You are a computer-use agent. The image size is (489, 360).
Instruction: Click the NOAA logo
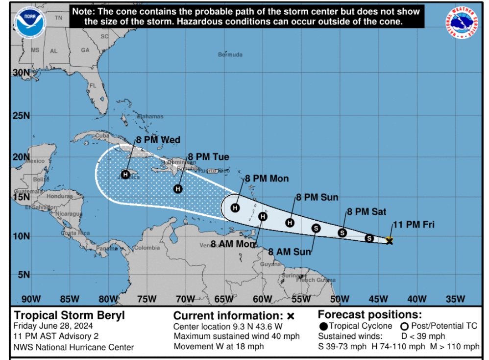30,23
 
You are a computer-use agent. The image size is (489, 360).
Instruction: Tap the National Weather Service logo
462,24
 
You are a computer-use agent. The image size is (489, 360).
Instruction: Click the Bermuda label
230,54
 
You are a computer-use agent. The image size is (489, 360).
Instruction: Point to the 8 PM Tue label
208,157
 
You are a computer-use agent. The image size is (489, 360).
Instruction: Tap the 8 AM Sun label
290,252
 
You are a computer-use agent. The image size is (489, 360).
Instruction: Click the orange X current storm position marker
390,240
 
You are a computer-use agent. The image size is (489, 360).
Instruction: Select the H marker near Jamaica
125,174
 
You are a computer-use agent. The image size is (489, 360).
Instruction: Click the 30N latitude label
21,72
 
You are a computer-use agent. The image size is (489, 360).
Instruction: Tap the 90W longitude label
31,299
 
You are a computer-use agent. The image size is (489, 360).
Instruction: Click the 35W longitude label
456,299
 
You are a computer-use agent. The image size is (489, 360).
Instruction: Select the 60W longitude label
263,299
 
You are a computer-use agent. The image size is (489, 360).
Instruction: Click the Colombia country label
147,248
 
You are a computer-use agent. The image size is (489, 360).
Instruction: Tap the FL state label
93,85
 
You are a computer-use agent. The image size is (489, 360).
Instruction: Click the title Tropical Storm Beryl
69,315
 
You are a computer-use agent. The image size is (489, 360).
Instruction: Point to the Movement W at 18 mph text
219,346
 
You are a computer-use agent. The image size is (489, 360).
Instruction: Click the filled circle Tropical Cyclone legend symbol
323,326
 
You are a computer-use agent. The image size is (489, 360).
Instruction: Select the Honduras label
59,196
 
